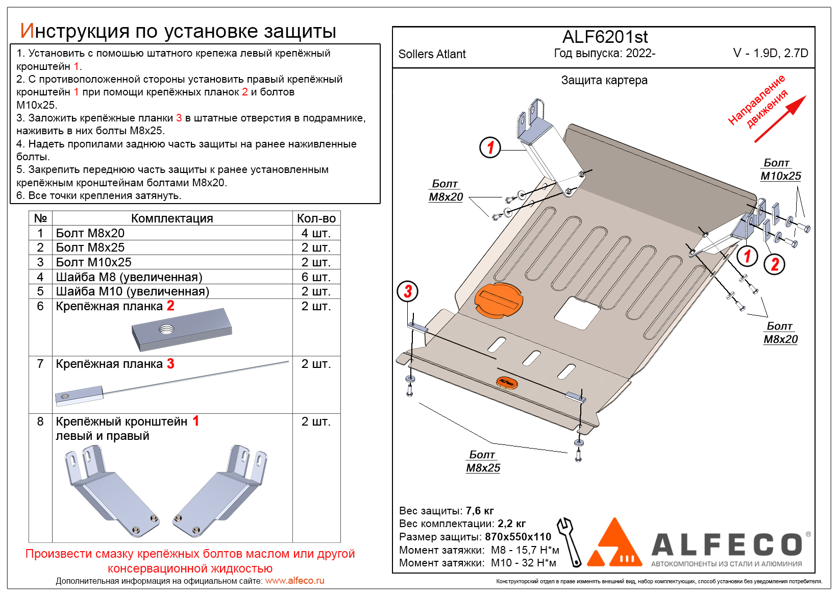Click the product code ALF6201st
tap(605, 37)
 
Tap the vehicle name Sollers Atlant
tap(432, 54)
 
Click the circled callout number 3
tap(408, 291)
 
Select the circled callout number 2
tap(774, 264)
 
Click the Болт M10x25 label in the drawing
tap(780, 170)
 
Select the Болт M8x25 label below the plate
tap(483, 462)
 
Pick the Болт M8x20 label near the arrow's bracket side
tap(780, 333)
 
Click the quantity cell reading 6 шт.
tap(316, 277)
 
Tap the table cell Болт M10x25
tap(94, 262)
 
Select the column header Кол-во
tap(316, 218)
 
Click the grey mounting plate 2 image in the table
tap(182, 329)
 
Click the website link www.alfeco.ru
tap(294, 581)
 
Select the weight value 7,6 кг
tap(480, 511)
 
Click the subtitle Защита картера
tap(604, 80)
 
